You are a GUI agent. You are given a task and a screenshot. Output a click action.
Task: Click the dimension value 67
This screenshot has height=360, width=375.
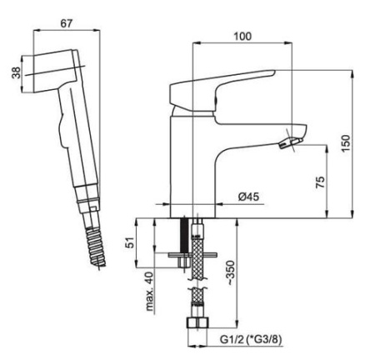tap(66, 23)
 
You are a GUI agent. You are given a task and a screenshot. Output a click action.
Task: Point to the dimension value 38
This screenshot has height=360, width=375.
tap(17, 73)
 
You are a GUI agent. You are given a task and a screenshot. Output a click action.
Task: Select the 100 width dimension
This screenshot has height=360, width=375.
tap(242, 37)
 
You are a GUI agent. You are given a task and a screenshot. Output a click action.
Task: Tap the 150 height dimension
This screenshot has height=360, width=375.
tap(346, 143)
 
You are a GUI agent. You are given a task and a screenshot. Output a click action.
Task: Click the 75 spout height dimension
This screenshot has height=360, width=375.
tap(320, 182)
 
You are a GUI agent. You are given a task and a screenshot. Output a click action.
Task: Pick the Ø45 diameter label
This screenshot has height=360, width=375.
tap(248, 197)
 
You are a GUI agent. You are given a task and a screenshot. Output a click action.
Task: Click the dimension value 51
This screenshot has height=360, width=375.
tap(130, 242)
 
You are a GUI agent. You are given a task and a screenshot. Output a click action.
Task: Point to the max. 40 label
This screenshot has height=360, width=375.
tap(149, 292)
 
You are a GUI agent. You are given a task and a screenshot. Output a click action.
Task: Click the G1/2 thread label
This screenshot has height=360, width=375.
tap(232, 339)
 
